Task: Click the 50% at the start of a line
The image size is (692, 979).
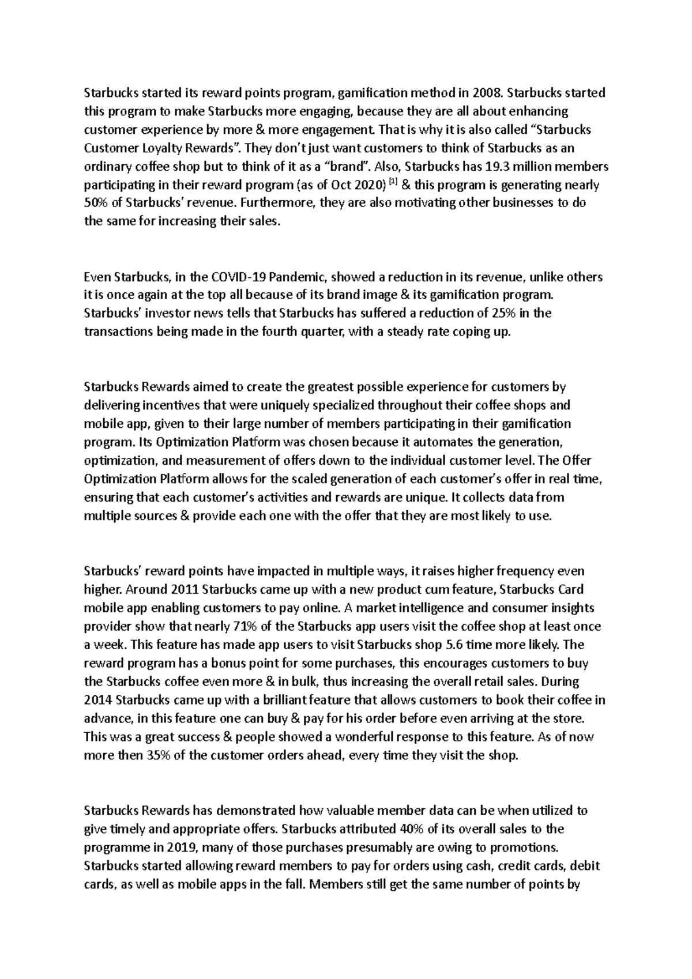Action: pos(96,204)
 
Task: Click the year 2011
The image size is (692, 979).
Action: pos(186,590)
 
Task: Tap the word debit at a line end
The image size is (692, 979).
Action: pos(587,866)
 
